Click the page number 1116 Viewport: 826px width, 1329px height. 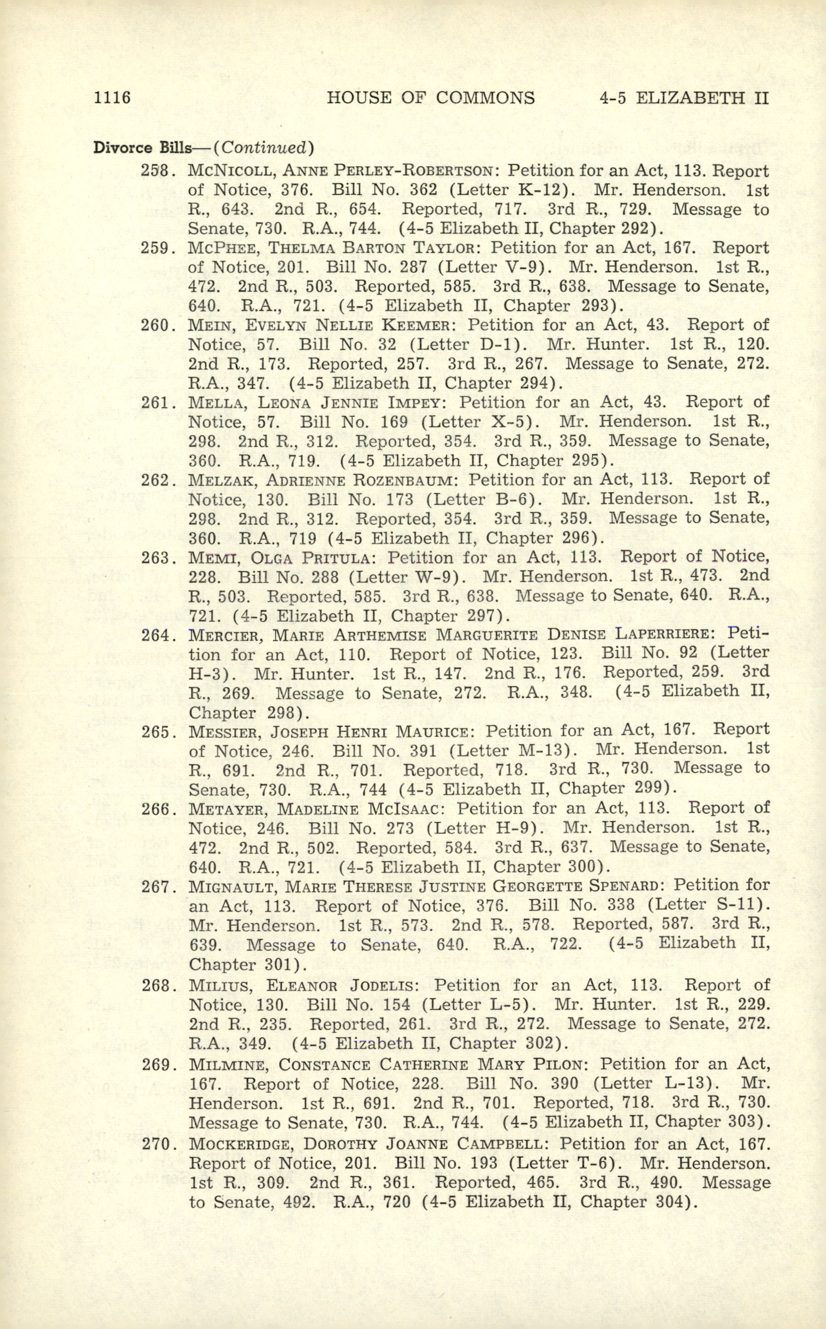[112, 98]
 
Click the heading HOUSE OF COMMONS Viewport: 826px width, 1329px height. [430, 98]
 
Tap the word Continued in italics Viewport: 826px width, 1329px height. [263, 147]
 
